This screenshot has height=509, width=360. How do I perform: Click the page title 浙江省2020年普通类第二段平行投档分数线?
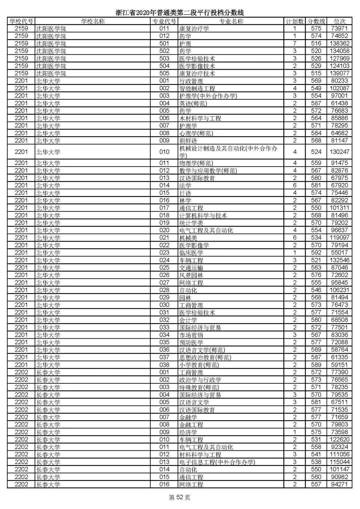[x=180, y=13]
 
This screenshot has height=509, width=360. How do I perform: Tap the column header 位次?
[x=339, y=21]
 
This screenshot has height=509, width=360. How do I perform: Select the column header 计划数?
[x=295, y=21]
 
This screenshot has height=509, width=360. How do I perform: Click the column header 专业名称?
[x=231, y=21]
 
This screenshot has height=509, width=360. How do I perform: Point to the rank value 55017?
[x=339, y=253]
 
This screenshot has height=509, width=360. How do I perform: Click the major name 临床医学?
[x=191, y=253]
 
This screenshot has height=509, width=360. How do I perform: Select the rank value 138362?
[x=339, y=43]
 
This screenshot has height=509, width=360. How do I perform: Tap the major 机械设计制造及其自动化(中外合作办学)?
[x=228, y=152]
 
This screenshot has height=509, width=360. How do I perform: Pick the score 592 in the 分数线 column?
[x=316, y=253]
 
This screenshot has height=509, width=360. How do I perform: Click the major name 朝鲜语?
[x=188, y=141]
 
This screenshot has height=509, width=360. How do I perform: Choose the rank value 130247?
[x=339, y=152]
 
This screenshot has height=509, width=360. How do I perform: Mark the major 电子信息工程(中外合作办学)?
[x=217, y=462]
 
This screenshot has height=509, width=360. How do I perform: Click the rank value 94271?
[x=339, y=484]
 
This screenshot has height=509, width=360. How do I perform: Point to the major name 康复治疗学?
[x=194, y=29]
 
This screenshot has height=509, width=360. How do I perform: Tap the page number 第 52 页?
[x=180, y=498]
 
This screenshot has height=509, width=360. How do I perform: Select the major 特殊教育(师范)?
[x=199, y=387]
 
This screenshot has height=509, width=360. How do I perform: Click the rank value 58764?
[x=339, y=350]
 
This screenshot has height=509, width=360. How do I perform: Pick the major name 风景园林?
[x=191, y=275]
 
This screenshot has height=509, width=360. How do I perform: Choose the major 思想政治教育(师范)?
[x=205, y=357]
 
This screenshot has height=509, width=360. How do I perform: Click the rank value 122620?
[x=339, y=440]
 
